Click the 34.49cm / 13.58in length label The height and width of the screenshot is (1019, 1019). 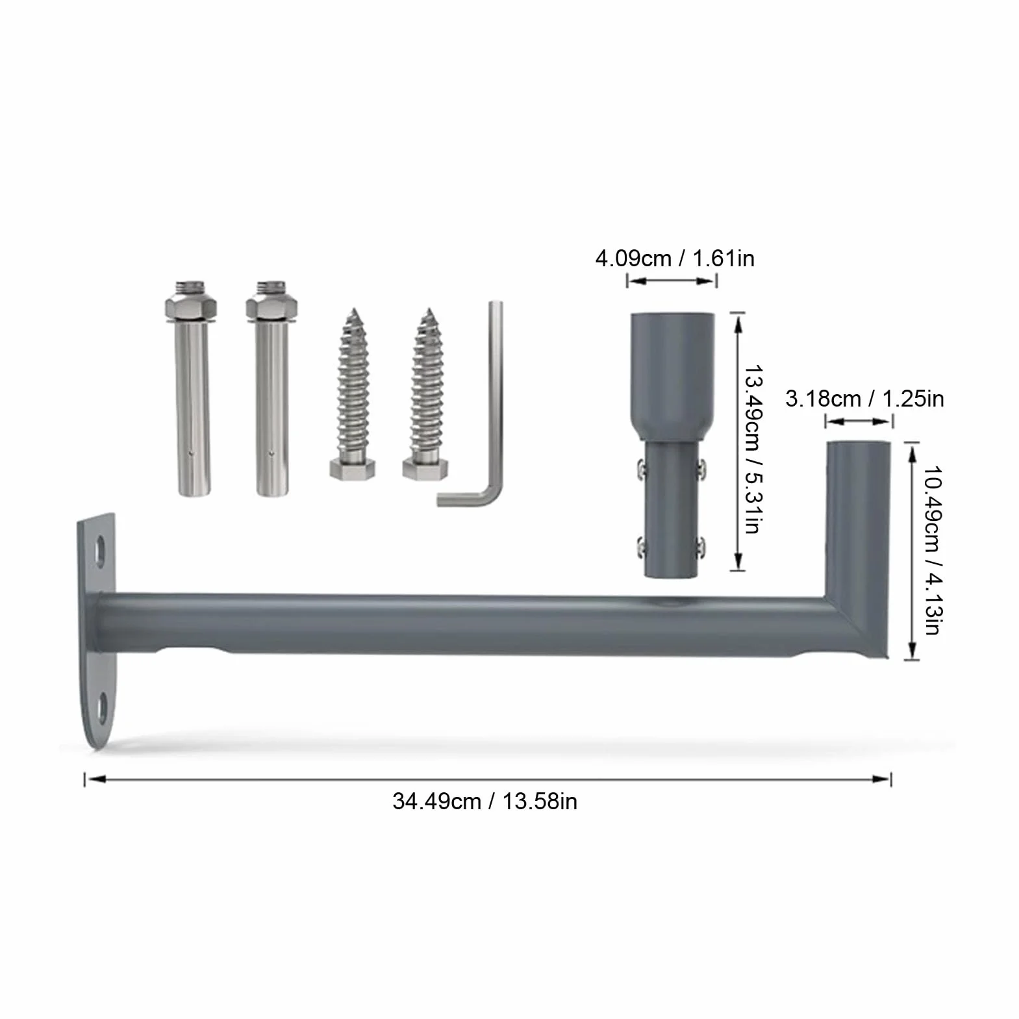point(484,801)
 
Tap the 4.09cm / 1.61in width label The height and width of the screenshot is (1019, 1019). point(675,258)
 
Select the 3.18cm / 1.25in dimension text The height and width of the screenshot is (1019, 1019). point(864,398)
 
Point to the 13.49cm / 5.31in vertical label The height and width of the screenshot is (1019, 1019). point(753,449)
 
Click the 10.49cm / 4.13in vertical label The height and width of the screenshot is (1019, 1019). point(932,550)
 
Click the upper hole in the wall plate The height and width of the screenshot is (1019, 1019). point(101,551)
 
